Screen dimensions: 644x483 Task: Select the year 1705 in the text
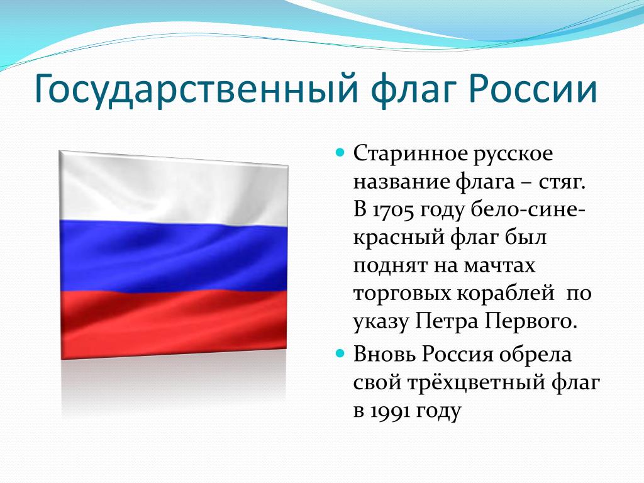pyautogui.click(x=394, y=209)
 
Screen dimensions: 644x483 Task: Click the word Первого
pyautogui.click(x=530, y=321)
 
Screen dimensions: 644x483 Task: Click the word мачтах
pyautogui.click(x=499, y=266)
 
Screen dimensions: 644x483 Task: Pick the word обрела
pyautogui.click(x=536, y=354)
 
